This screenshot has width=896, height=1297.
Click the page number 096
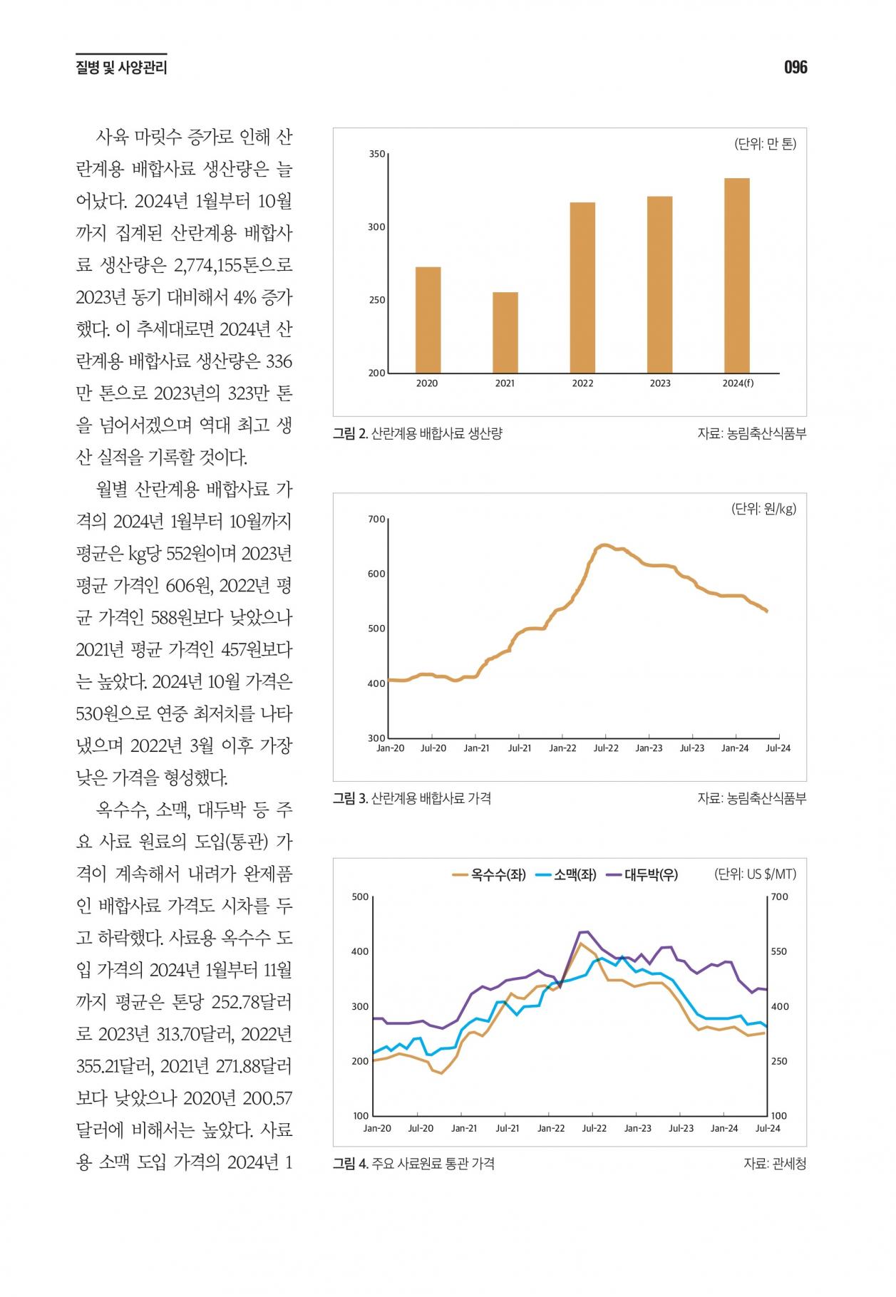[795, 68]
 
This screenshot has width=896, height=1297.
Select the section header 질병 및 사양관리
[121, 68]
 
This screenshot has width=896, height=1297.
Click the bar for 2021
[505, 332]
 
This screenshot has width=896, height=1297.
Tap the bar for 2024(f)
[737, 275]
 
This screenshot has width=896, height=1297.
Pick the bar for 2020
[428, 320]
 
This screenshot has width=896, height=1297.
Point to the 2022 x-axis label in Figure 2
[582, 383]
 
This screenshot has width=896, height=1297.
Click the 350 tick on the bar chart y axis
[377, 154]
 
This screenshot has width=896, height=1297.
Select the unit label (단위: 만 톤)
[766, 144]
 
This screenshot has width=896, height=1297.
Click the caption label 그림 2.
[350, 433]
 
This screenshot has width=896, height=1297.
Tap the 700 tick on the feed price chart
[377, 519]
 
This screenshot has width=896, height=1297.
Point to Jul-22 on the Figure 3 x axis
[606, 748]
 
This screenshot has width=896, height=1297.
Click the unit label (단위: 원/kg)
[764, 509]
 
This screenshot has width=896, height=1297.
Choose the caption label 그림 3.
[350, 798]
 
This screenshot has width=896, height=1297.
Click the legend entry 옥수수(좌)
[489, 874]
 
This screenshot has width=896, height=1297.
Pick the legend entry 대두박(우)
[642, 874]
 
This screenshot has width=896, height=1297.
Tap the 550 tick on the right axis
[780, 951]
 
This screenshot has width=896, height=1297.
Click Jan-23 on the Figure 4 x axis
[638, 1128]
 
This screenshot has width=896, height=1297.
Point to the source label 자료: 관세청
[775, 1164]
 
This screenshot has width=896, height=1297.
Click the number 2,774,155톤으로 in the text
[233, 265]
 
